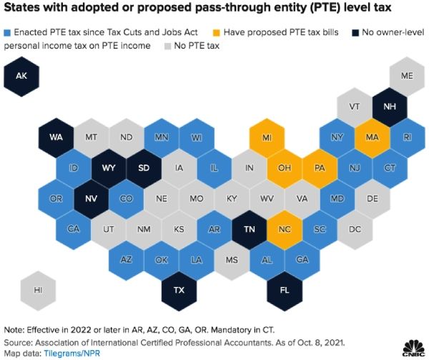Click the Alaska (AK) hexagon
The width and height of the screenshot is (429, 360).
(21, 74)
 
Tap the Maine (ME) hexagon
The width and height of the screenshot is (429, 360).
(406, 74)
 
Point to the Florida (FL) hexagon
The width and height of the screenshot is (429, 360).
(283, 290)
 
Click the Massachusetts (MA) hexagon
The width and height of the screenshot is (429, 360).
(371, 136)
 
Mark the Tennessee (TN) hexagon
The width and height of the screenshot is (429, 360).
(249, 229)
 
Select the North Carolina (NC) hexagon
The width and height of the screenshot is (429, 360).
(284, 229)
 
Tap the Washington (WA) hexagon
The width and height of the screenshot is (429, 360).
(56, 136)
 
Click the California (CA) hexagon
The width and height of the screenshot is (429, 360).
(74, 229)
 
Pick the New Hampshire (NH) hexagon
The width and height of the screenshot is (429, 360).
(389, 105)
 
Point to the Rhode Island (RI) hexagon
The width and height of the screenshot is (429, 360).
(406, 136)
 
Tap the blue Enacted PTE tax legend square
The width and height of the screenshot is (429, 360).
(7, 32)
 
